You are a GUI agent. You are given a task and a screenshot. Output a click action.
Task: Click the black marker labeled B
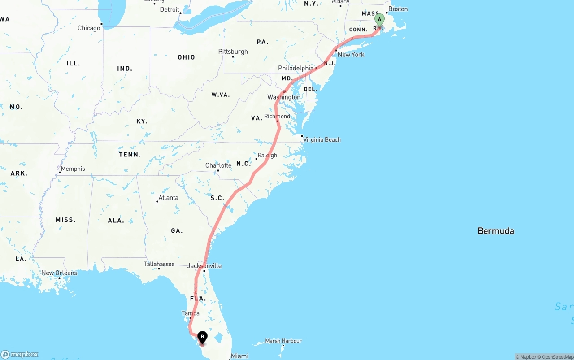[x=202, y=337]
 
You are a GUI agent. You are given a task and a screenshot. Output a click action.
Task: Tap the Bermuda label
[x=496, y=231]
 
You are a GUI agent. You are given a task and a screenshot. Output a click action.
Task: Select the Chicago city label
[x=89, y=28]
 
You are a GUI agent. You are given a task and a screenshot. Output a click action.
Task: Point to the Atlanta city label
[x=168, y=198]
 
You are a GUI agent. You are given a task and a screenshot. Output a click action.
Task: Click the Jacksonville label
[x=204, y=266]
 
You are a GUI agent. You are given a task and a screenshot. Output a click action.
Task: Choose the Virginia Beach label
[x=322, y=139]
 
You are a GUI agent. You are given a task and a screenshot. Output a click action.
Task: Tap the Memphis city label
[x=73, y=169]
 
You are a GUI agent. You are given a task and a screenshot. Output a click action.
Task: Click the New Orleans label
[x=59, y=273]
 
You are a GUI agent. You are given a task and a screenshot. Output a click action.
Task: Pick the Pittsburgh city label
[x=233, y=52]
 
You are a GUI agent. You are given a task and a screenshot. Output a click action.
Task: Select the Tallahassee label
[x=159, y=264]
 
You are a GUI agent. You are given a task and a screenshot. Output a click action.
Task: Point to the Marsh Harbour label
[x=283, y=341]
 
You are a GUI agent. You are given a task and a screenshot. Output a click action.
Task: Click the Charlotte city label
[x=218, y=165]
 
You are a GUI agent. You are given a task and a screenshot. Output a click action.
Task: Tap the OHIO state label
[x=186, y=57]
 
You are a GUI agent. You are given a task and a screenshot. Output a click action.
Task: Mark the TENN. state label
[x=130, y=155]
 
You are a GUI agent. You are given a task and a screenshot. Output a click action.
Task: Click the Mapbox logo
[x=20, y=354]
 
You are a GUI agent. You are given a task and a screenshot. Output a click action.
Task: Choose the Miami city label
[x=239, y=356]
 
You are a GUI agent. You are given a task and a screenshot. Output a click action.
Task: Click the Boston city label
[x=398, y=9]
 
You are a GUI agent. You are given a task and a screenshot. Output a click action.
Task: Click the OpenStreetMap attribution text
[x=556, y=357]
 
